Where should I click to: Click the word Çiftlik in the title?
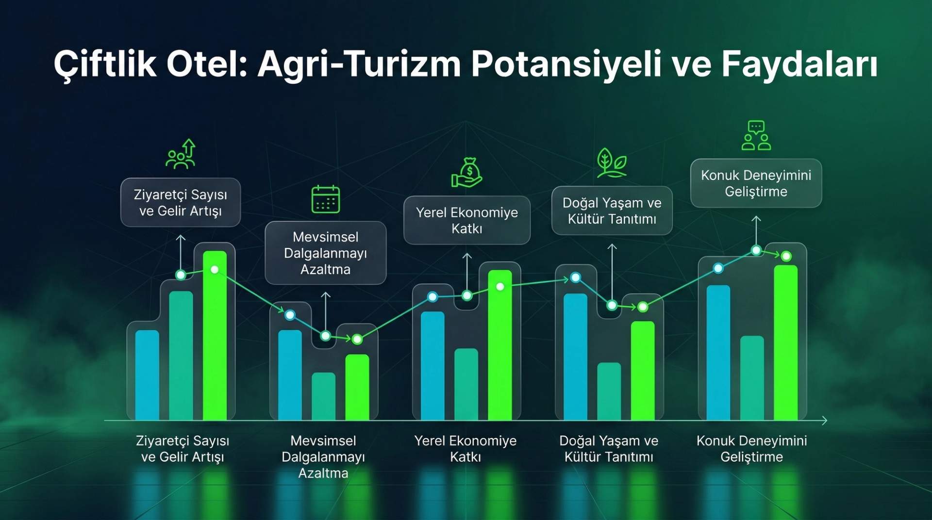[105, 64]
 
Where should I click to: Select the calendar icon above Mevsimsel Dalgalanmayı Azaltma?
[325, 199]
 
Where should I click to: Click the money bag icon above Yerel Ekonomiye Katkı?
[467, 173]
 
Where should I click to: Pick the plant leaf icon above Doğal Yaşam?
[612, 163]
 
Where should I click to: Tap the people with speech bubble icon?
[756, 135]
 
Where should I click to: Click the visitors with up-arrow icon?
[181, 154]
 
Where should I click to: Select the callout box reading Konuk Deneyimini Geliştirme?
[756, 183]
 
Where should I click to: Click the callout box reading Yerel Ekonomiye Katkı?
[466, 220]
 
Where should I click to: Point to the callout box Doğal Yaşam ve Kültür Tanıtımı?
[612, 211]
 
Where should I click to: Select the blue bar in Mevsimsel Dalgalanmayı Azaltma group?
[290, 374]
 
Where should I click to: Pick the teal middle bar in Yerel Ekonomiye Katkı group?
[466, 384]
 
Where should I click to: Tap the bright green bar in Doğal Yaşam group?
[642, 371]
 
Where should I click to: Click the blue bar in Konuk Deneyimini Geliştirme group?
[718, 352]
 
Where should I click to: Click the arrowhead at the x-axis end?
[824, 421]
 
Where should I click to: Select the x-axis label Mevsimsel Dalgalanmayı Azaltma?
[323, 456]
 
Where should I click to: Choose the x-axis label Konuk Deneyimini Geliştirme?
[751, 449]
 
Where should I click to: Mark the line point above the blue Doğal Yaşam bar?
[575, 277]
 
